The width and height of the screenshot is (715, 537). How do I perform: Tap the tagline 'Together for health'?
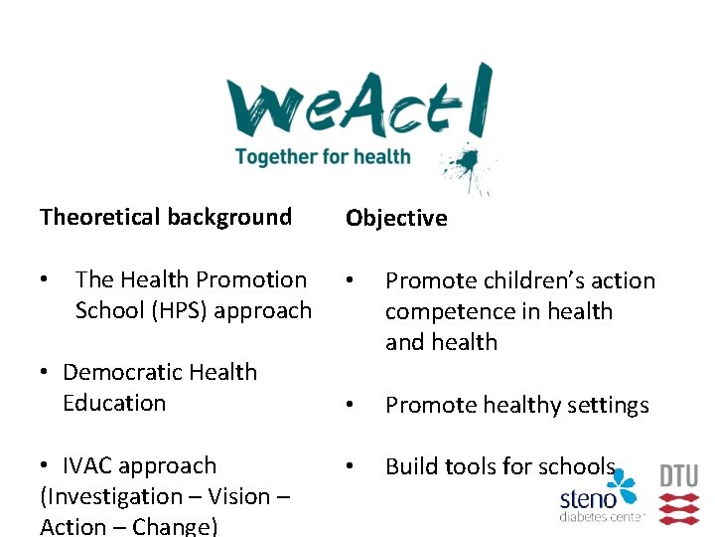point(323,156)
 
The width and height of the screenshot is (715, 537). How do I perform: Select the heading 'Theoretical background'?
point(166,217)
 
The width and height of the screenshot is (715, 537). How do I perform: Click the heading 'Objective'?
point(396,219)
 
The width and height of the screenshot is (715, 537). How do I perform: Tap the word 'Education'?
point(113,404)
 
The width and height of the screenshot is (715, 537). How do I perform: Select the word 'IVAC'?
point(91,465)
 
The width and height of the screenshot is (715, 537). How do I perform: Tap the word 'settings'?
point(606,406)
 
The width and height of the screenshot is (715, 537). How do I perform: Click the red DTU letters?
point(679,475)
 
